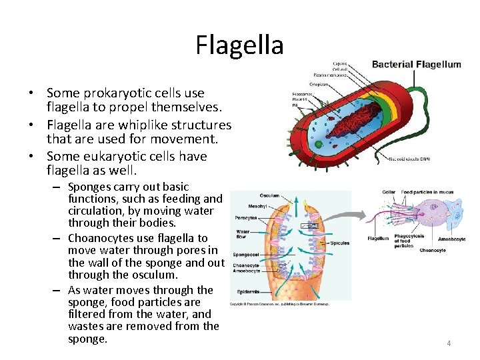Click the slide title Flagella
coord(239,45)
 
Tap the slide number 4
coord(449,343)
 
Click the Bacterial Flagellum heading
coord(416,65)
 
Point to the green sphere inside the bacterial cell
coord(318,143)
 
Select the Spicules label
coord(339,243)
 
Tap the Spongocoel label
coord(245,254)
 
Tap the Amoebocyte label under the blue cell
coord(451,239)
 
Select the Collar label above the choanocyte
coord(389,192)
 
